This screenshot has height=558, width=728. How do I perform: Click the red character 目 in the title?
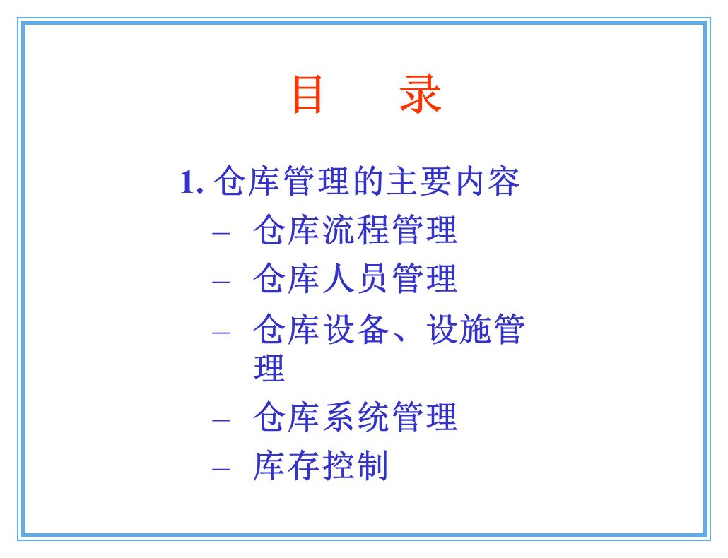[308, 95]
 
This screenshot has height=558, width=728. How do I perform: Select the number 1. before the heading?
[192, 183]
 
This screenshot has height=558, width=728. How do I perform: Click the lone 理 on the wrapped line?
[269, 369]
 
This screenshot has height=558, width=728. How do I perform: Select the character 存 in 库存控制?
[304, 466]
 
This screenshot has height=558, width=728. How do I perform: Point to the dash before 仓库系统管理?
[221, 420]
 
